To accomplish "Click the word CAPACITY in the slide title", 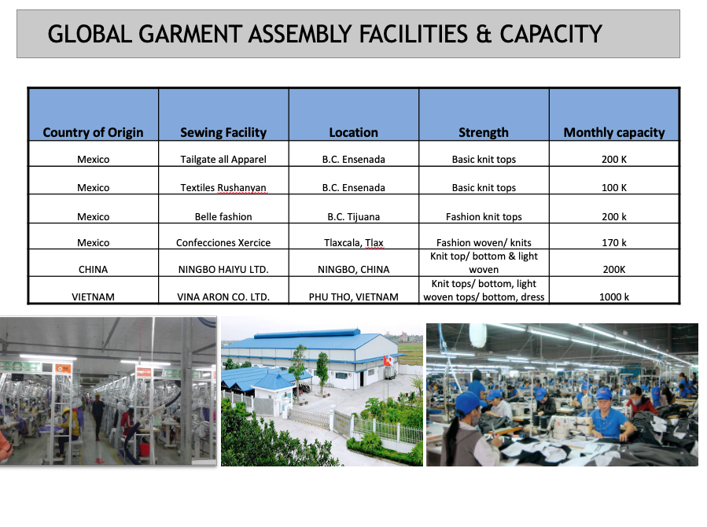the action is tap(551, 34).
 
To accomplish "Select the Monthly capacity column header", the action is tap(614, 133).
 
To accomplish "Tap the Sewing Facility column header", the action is tap(223, 133).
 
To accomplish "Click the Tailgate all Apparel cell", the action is tap(223, 159).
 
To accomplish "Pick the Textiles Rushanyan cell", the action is tap(223, 187).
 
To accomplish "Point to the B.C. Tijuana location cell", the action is tap(354, 217).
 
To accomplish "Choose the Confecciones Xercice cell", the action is tap(223, 242).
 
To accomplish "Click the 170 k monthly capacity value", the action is tap(614, 242).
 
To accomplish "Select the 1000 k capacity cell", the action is tap(614, 297).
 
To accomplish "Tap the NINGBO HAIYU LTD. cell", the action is tap(223, 270).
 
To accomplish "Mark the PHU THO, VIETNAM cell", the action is tap(354, 297).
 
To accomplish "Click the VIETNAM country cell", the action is tap(93, 297).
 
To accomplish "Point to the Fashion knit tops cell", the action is tap(484, 217).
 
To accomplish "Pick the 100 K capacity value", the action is tap(614, 187).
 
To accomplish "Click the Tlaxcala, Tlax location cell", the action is tap(354, 242).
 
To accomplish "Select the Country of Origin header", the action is tap(93, 133).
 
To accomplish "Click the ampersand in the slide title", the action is tap(484, 34).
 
